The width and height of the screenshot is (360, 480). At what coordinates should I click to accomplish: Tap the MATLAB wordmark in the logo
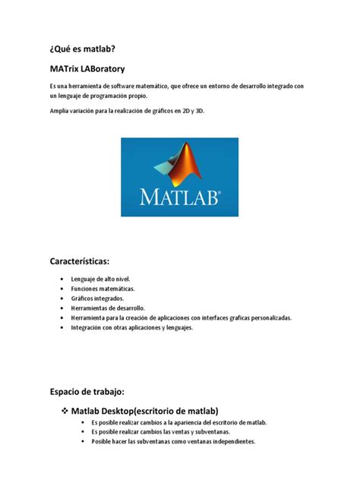click(x=180, y=197)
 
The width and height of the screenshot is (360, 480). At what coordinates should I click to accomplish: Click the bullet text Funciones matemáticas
click(x=103, y=289)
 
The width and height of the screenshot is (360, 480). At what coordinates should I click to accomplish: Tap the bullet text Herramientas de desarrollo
click(x=108, y=308)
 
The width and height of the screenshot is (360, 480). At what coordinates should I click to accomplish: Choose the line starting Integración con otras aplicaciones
click(x=132, y=328)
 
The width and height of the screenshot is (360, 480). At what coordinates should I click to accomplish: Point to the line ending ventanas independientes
click(x=173, y=441)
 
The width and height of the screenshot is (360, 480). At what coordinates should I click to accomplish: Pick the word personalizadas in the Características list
click(x=285, y=318)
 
